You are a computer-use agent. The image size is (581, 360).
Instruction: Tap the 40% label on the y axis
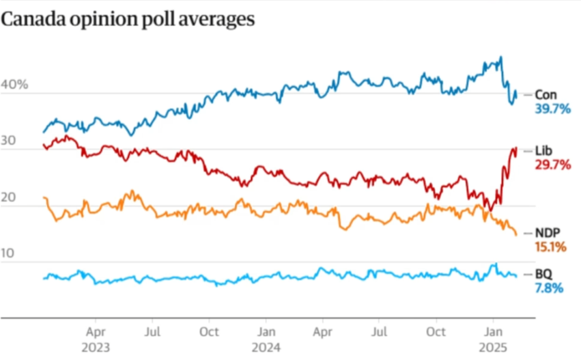[x=15, y=85]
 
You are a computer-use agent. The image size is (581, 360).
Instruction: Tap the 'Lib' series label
[x=543, y=150]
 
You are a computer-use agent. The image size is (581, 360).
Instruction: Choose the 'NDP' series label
[x=548, y=232]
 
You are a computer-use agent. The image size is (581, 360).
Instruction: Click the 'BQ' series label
[x=543, y=274]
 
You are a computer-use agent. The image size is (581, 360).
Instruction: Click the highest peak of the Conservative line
[x=501, y=57]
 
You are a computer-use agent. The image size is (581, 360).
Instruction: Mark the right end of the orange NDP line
[x=515, y=234]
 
